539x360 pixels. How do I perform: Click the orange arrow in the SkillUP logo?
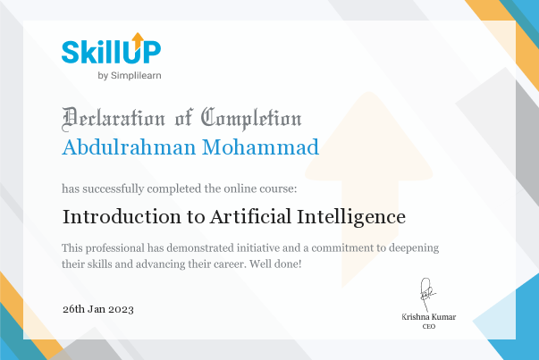[x=138, y=40]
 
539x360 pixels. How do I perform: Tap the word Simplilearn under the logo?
[x=136, y=76]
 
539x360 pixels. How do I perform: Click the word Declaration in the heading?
[x=114, y=119]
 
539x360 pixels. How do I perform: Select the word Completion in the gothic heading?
[x=251, y=119]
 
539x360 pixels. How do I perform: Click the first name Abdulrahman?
[x=129, y=147]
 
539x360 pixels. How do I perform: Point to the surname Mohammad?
[x=260, y=147]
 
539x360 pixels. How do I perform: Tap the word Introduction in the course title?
[x=122, y=217]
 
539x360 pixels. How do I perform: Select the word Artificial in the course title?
[x=251, y=217]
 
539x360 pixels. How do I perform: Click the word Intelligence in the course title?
[x=351, y=217]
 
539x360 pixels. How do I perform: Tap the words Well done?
[x=275, y=264]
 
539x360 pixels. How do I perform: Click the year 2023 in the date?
[x=121, y=309]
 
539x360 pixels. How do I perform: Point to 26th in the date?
[x=73, y=309]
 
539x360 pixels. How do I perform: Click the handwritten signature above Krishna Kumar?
[x=427, y=295]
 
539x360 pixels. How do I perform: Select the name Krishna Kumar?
[x=429, y=317]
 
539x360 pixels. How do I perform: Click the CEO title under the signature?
[x=429, y=326]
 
